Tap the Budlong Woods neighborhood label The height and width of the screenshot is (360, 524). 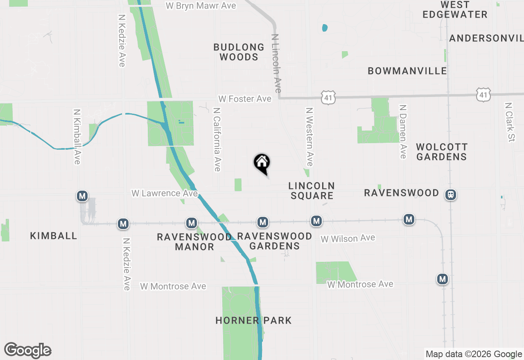239,52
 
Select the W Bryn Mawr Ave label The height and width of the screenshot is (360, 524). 201,6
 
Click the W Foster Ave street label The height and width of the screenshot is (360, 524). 245,99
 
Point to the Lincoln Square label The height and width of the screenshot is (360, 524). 312,191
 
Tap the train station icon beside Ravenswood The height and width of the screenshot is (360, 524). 451,194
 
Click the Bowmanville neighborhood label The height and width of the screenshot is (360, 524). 407,71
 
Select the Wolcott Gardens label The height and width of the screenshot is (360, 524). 441,152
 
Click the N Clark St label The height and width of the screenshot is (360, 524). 510,122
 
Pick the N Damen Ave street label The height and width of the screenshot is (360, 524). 403,131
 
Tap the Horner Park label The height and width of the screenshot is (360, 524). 253,320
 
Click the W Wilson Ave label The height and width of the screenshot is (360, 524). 348,238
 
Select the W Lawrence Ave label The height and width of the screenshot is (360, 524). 165,193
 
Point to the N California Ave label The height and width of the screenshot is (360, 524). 217,139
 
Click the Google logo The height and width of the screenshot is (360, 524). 28,350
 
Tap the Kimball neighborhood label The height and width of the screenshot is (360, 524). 54,236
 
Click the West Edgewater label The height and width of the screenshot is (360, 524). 455,10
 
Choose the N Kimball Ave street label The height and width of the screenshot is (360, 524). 77,136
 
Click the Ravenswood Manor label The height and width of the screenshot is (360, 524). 194,242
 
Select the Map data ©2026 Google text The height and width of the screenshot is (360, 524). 474,354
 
